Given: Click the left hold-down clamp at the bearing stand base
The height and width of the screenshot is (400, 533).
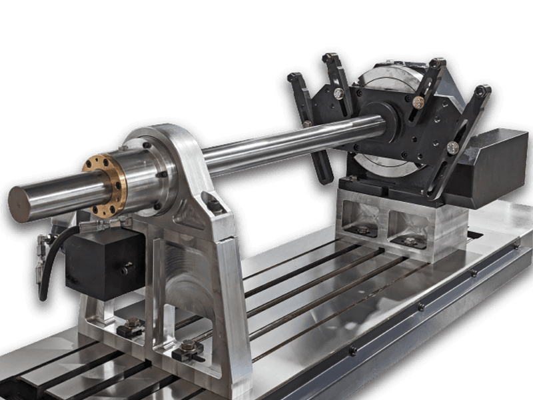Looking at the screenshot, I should [x=131, y=327].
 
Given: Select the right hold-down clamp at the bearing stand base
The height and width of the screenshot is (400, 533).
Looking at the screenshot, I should [x=188, y=349].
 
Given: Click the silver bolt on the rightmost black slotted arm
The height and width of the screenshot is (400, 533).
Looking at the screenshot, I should [x=453, y=147].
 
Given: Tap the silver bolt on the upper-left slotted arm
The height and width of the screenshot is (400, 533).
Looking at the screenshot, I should [x=338, y=93].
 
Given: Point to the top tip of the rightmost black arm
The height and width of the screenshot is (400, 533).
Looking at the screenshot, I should [x=482, y=89].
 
